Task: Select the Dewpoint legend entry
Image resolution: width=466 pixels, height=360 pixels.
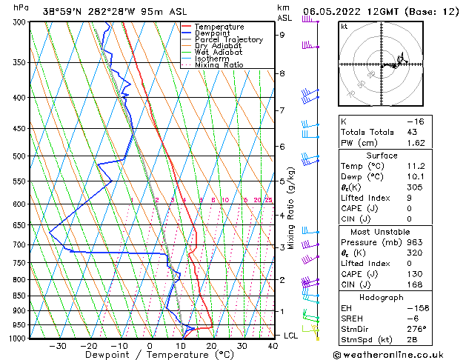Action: click(x=216, y=33)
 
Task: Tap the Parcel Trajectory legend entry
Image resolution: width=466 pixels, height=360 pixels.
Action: click(x=228, y=40)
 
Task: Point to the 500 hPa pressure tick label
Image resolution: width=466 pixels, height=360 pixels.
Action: click(x=20, y=156)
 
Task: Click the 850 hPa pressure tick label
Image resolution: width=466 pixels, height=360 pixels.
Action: click(x=20, y=296)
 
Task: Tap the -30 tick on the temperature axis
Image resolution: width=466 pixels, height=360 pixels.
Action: click(x=57, y=345)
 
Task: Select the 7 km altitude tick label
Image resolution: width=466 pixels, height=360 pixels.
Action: click(x=282, y=110)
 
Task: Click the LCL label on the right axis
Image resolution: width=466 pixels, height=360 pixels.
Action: click(x=291, y=336)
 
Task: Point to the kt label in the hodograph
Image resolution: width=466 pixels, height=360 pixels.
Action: click(x=344, y=26)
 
